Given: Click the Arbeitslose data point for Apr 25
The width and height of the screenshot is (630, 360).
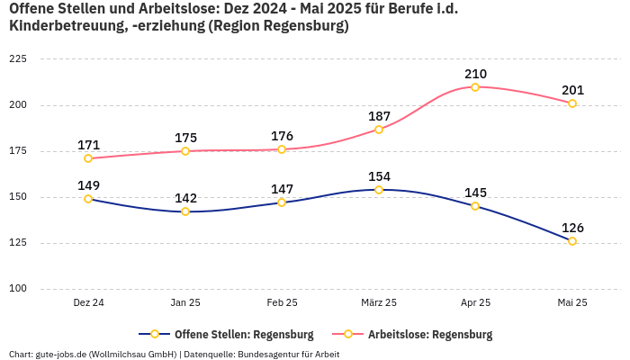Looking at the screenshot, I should click(475, 87).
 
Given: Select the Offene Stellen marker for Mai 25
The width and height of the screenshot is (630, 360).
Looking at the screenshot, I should click(572, 241).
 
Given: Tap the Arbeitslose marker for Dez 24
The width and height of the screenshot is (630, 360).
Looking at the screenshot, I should click(88, 158).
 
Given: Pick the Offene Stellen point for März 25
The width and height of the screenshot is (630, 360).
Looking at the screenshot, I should click(379, 190).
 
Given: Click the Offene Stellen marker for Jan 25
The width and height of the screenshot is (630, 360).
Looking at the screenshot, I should click(185, 211).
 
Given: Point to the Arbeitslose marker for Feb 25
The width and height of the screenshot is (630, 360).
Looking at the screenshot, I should click(282, 149).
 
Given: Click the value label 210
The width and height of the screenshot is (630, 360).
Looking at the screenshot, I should click(475, 74).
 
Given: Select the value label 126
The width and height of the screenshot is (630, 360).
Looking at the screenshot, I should click(572, 228).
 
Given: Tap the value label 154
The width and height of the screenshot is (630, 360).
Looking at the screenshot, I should click(379, 176).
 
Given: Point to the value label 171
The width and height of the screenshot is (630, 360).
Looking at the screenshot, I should click(88, 145).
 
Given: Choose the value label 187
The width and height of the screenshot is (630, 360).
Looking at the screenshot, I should click(379, 116).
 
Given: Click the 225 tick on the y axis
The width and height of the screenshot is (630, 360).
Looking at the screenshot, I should click(17, 58).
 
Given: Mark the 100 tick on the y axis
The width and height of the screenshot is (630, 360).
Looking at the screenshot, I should click(17, 289).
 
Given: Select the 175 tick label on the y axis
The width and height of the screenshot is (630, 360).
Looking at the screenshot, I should click(17, 151).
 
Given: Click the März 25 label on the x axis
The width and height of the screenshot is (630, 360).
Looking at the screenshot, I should click(379, 303).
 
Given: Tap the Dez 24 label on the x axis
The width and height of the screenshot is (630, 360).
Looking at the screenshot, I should click(88, 303).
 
